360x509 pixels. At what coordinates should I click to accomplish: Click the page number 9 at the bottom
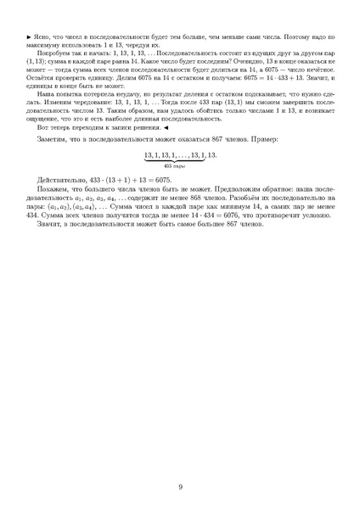pos(180,486)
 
